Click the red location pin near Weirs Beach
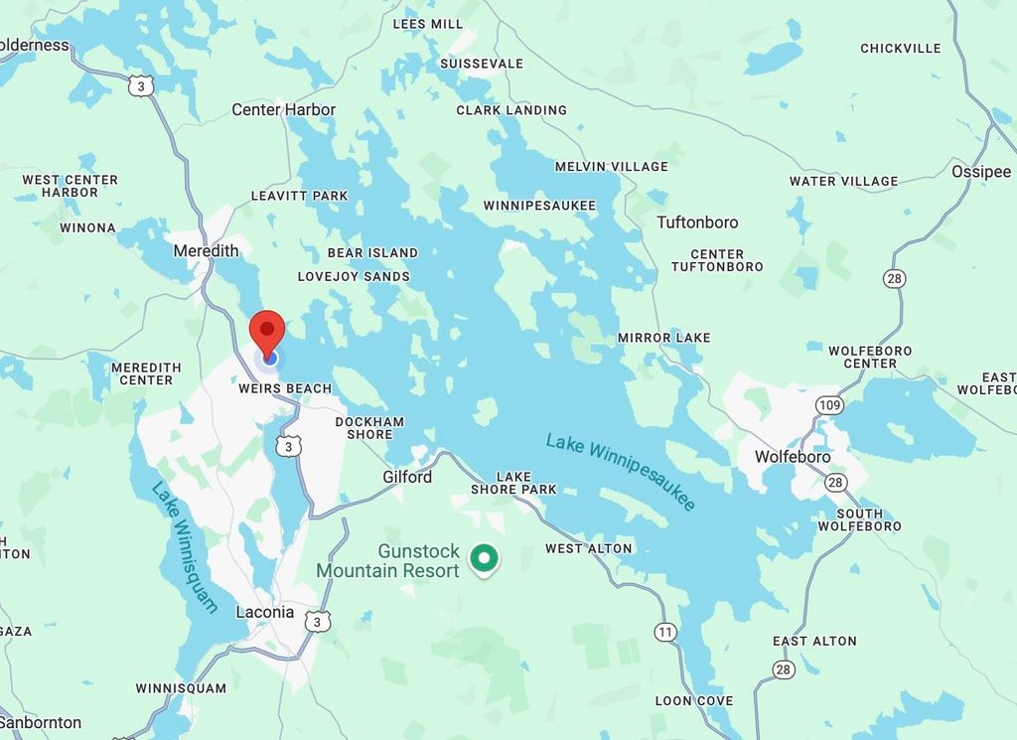[x=266, y=331]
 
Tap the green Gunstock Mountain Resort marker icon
[x=484, y=558]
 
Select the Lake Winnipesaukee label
[x=621, y=473]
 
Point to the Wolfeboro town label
[x=792, y=457]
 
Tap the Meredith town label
[x=206, y=250]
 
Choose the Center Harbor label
[x=283, y=109]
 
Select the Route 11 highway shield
[x=665, y=631]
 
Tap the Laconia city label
[x=265, y=612]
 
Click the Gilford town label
[x=407, y=477]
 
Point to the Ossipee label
[x=980, y=171]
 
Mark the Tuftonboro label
[x=697, y=222]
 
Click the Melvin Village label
[x=611, y=166]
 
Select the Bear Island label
[x=372, y=253]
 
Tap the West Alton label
[x=588, y=548]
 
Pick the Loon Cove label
[x=693, y=700]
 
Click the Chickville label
[x=900, y=48]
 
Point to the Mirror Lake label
[x=663, y=338]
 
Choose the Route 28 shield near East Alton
[x=785, y=669]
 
